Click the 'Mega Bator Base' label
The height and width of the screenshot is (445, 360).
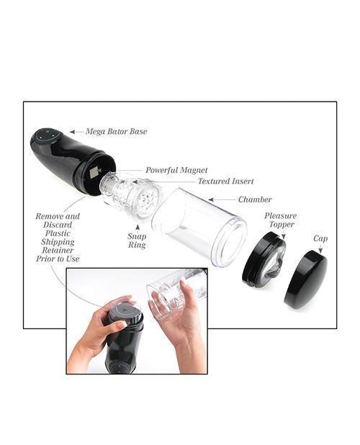pos(117,132)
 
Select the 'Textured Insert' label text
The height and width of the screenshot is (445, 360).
pos(225,181)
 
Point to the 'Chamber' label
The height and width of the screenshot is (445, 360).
pos(255,199)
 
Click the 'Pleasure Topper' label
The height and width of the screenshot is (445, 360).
pos(279,220)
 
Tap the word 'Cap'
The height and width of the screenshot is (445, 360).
pos(320,238)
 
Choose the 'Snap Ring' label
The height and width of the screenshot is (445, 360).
pos(138,241)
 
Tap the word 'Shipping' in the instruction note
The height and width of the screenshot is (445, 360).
pos(58,242)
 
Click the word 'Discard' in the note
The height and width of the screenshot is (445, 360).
pos(58,225)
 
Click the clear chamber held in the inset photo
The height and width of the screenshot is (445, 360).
pos(173,295)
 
